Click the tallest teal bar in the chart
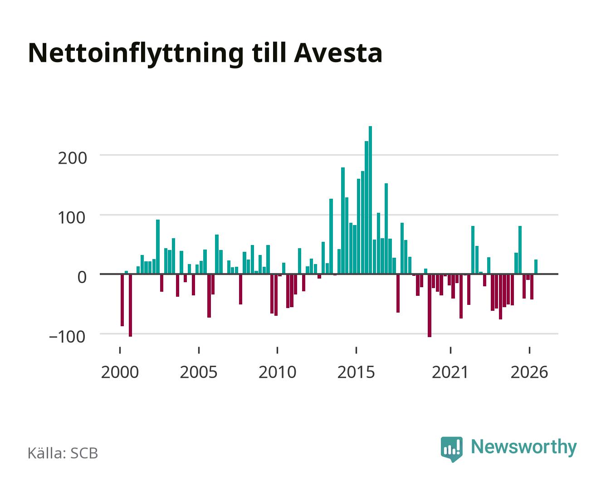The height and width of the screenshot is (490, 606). (370, 200)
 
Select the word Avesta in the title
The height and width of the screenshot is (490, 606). (338, 53)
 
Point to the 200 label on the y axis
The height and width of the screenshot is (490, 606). (72, 158)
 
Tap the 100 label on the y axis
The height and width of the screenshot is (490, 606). (72, 218)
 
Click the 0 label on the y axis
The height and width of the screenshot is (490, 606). (82, 277)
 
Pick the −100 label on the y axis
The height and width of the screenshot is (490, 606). (67, 337)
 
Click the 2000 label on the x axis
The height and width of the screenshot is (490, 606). (120, 372)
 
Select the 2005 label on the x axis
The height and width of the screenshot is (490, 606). (199, 372)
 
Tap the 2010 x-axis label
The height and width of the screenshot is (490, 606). (278, 372)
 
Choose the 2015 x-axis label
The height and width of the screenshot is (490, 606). (356, 372)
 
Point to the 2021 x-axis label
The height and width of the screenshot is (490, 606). (450, 372)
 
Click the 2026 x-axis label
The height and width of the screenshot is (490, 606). (529, 372)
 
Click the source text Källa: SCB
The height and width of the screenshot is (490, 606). (63, 453)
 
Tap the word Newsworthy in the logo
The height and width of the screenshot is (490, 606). (524, 447)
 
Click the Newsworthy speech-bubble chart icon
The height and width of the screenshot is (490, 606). (451, 449)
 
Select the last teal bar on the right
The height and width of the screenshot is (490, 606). (536, 267)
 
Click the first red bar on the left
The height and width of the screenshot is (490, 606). (122, 300)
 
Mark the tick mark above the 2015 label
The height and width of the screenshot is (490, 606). (356, 350)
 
